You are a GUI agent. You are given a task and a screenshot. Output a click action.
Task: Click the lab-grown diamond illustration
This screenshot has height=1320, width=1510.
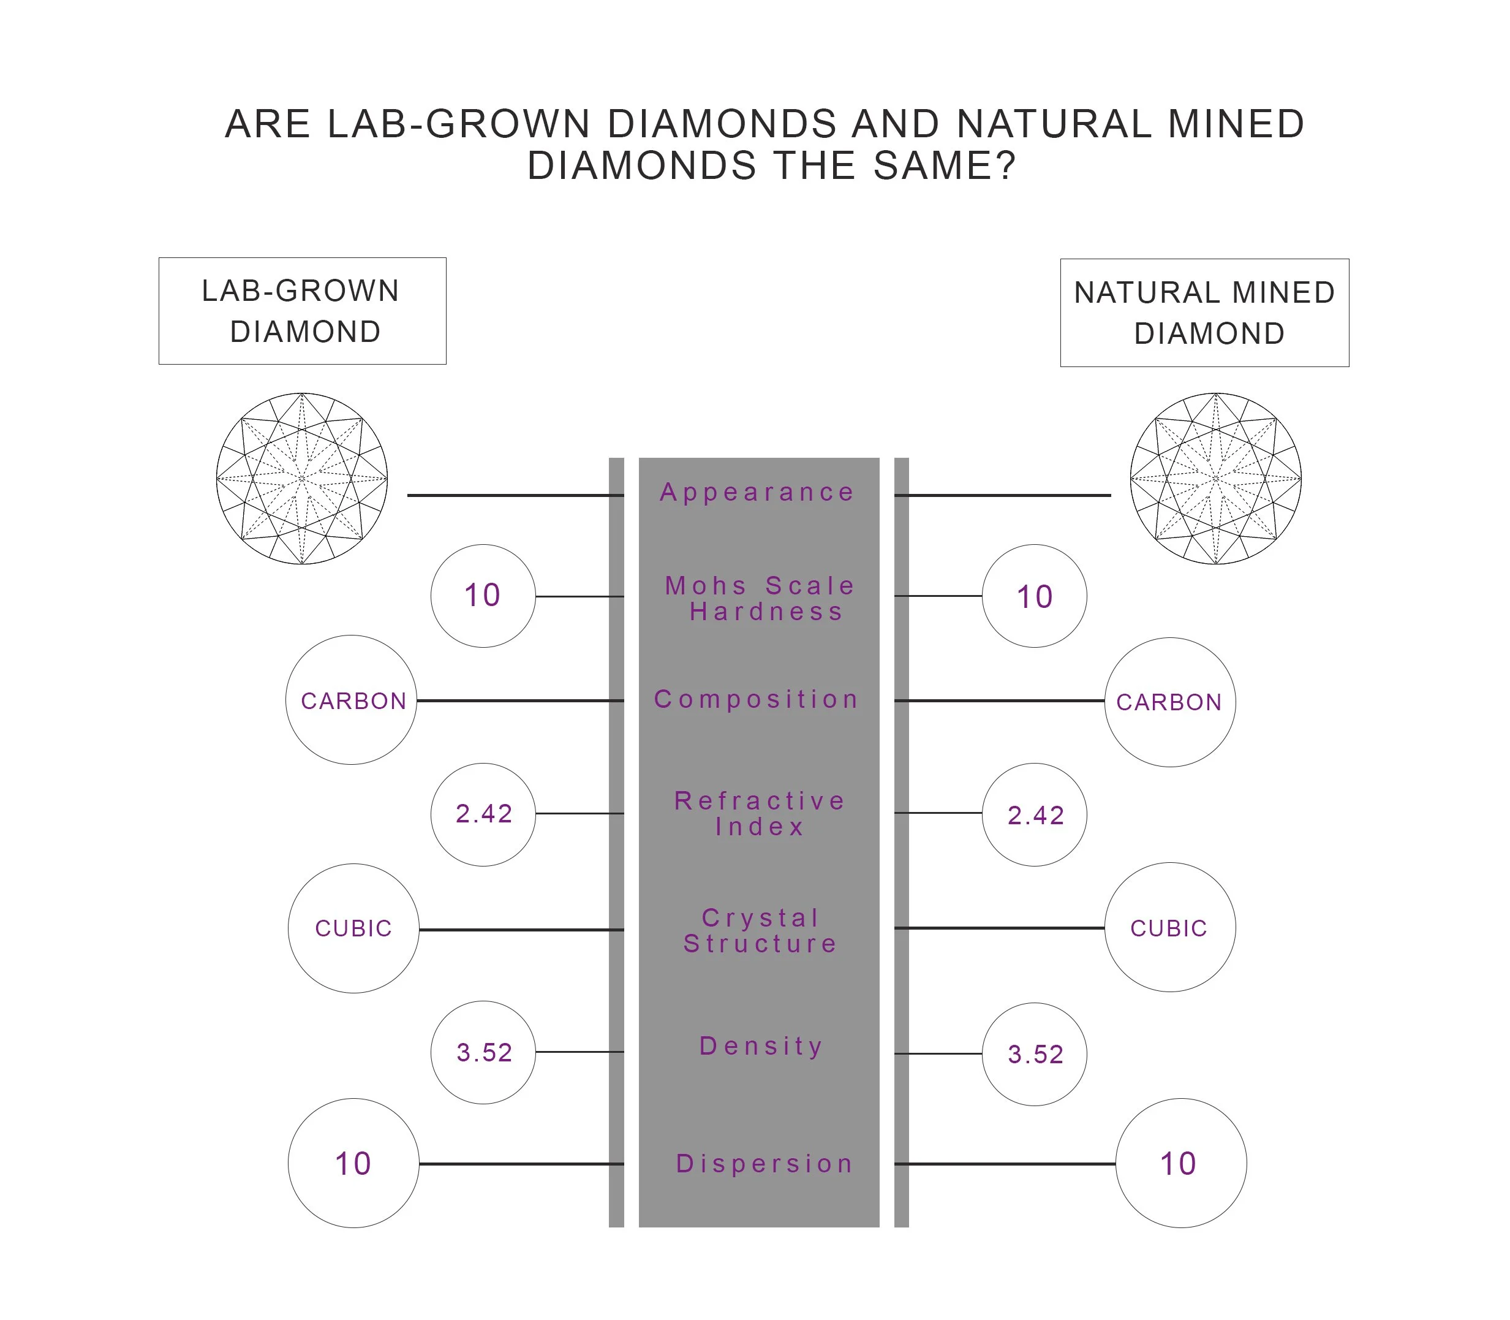(x=302, y=479)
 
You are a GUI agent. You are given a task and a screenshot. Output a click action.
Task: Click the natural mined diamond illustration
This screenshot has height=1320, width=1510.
(x=1215, y=479)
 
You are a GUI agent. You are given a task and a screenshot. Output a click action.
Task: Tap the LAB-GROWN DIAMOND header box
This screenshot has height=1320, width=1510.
(x=302, y=311)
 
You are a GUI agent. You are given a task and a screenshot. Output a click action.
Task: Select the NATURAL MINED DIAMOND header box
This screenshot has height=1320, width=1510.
(x=1204, y=313)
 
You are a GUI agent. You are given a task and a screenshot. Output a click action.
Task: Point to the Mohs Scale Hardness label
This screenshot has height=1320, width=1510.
(x=760, y=598)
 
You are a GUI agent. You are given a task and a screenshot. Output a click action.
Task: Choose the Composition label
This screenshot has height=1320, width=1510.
(x=757, y=699)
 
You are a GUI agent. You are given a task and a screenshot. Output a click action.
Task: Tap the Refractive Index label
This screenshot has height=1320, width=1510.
(x=760, y=813)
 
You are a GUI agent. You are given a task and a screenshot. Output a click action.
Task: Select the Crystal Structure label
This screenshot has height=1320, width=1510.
(x=760, y=930)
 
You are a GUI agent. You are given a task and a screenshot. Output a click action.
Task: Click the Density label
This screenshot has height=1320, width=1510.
(x=761, y=1046)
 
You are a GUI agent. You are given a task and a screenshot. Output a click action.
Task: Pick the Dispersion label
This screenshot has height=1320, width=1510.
(x=764, y=1164)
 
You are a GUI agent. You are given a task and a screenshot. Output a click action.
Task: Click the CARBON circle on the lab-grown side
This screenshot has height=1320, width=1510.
(x=352, y=700)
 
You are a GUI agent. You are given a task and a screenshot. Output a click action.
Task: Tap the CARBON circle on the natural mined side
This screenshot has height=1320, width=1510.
(x=1170, y=702)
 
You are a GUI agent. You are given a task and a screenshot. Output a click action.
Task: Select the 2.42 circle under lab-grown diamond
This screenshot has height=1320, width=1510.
(x=483, y=814)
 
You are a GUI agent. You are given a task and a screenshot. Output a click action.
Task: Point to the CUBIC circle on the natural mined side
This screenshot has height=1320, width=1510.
(x=1170, y=927)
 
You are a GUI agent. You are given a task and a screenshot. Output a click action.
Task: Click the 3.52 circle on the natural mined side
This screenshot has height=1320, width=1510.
(x=1035, y=1054)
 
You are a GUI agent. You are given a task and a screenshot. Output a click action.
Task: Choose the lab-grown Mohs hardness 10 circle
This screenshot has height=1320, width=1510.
(x=483, y=596)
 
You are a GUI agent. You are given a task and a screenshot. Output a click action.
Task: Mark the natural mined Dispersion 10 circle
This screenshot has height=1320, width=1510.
(x=1181, y=1164)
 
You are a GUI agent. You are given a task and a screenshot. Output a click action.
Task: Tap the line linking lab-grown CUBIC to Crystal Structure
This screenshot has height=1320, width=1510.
(x=521, y=930)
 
